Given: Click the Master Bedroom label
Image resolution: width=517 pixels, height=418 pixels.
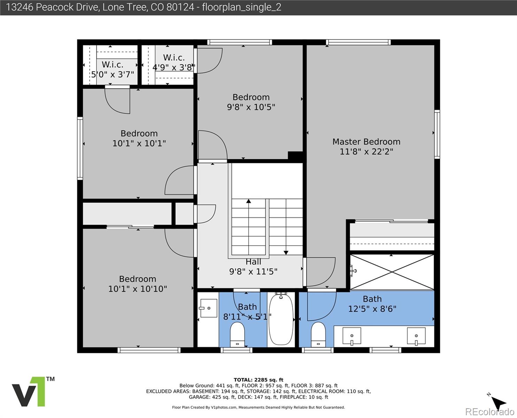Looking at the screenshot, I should [366, 142].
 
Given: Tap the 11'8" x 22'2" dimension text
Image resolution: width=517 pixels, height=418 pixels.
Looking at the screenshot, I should [366, 152].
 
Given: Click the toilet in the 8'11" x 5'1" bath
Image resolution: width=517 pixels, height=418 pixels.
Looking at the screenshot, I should [237, 334].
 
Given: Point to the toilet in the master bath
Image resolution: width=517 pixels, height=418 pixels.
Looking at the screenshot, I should [318, 334].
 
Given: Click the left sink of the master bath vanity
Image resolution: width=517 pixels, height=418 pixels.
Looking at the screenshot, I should [352, 336].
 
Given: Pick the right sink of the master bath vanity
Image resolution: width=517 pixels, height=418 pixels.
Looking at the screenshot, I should [416, 336].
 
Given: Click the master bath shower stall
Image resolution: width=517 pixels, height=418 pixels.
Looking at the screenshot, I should [392, 272].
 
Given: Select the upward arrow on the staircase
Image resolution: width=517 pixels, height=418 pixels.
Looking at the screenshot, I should [248, 201].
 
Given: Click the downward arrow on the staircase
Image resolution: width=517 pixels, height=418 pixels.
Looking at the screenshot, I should [286, 252].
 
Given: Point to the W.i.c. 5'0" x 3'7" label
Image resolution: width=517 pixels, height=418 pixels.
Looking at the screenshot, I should [113, 69].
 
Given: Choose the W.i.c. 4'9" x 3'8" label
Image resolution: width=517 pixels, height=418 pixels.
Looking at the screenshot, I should [174, 62].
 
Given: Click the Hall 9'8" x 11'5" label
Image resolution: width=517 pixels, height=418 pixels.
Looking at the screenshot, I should [253, 267].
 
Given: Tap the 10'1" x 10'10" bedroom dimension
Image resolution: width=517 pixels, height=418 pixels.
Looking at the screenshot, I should [138, 289].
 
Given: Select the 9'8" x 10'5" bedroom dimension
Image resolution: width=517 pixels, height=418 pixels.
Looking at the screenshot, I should [251, 107].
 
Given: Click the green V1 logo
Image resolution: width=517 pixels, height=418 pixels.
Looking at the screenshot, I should [30, 392].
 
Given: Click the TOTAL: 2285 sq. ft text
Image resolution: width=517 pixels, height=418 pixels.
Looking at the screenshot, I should [258, 380].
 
